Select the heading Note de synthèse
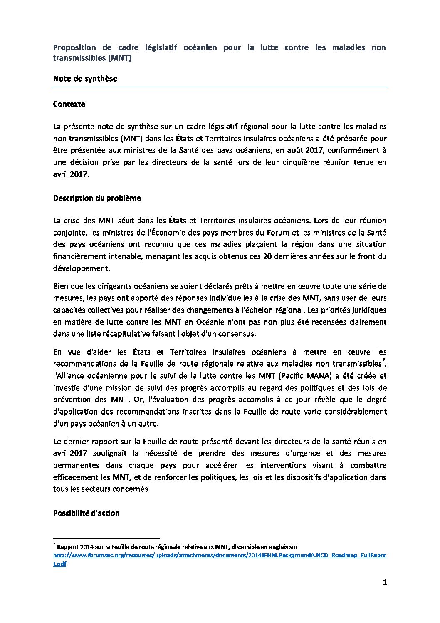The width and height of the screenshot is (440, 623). click(x=85, y=79)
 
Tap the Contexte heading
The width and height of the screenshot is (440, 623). click(x=69, y=104)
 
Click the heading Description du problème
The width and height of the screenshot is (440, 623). click(x=97, y=198)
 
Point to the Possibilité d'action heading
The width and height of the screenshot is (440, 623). click(x=86, y=513)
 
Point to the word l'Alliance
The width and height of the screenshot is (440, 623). click(x=69, y=376)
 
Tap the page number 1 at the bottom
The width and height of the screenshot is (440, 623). click(x=385, y=583)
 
